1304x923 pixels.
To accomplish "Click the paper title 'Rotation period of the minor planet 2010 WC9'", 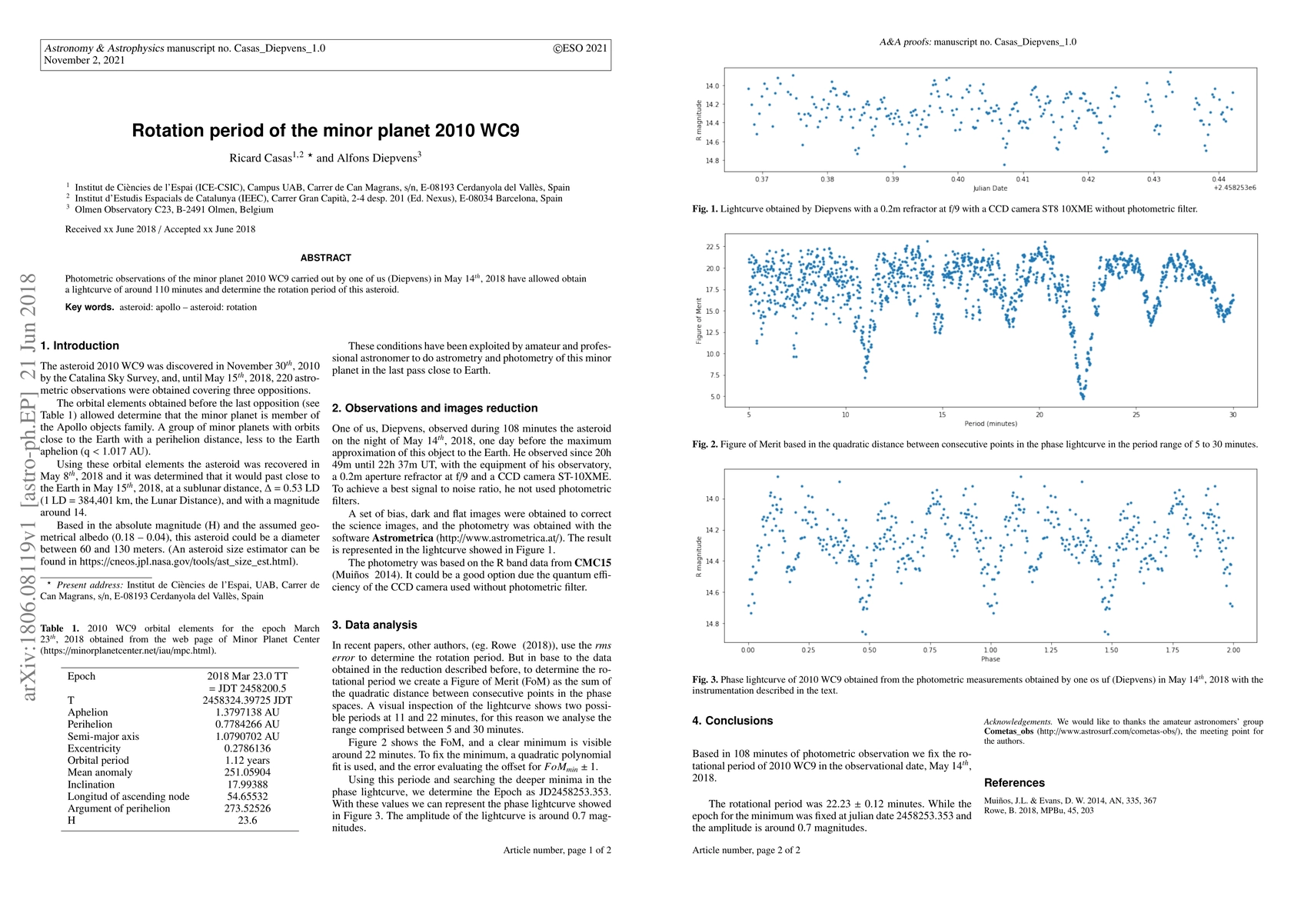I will (325, 130).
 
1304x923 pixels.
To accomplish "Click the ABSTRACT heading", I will (325, 258).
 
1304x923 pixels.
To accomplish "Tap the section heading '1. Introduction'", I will (80, 346).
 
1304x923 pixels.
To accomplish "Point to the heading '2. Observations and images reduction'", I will (434, 408).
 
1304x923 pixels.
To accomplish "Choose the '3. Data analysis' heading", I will (374, 625).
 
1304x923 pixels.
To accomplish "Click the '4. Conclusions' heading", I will (732, 721).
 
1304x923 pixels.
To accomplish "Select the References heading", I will (1014, 783).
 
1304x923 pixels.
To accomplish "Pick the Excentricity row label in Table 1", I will (94, 748).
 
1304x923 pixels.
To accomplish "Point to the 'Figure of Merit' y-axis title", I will (699, 322).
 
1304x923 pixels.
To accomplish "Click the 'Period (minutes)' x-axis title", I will (990, 424).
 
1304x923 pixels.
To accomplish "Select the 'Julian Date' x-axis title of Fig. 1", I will (990, 188).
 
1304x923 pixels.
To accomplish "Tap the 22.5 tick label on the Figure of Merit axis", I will (713, 247).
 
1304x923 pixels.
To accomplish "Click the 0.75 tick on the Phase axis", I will (930, 650).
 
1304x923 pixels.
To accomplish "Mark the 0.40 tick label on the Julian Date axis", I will (957, 179).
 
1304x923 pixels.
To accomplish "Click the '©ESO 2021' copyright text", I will (580, 48).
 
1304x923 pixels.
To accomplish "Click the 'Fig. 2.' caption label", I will (704, 445).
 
